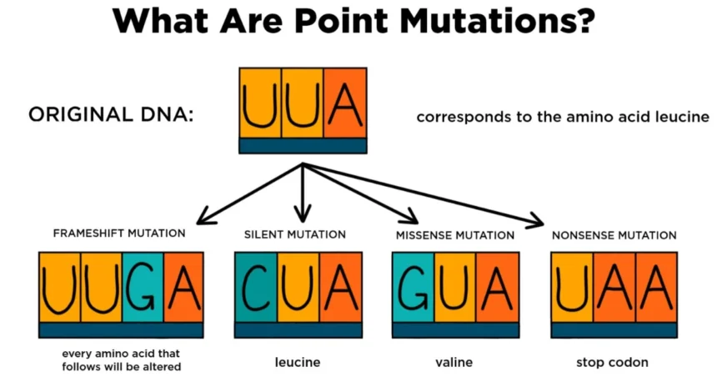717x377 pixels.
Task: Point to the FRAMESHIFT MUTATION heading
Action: click(119, 234)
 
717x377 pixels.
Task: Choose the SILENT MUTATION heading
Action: click(294, 234)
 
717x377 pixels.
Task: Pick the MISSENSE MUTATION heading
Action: click(454, 235)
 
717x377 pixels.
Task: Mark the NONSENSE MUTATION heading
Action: click(614, 235)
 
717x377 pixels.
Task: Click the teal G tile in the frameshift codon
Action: click(142, 288)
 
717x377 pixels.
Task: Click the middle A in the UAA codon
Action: click(615, 288)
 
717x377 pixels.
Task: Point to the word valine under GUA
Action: click(455, 363)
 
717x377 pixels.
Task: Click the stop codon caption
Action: click(613, 363)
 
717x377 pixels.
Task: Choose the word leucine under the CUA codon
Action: click(298, 363)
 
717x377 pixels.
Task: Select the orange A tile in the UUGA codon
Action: click(183, 288)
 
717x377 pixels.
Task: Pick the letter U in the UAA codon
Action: click(573, 288)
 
